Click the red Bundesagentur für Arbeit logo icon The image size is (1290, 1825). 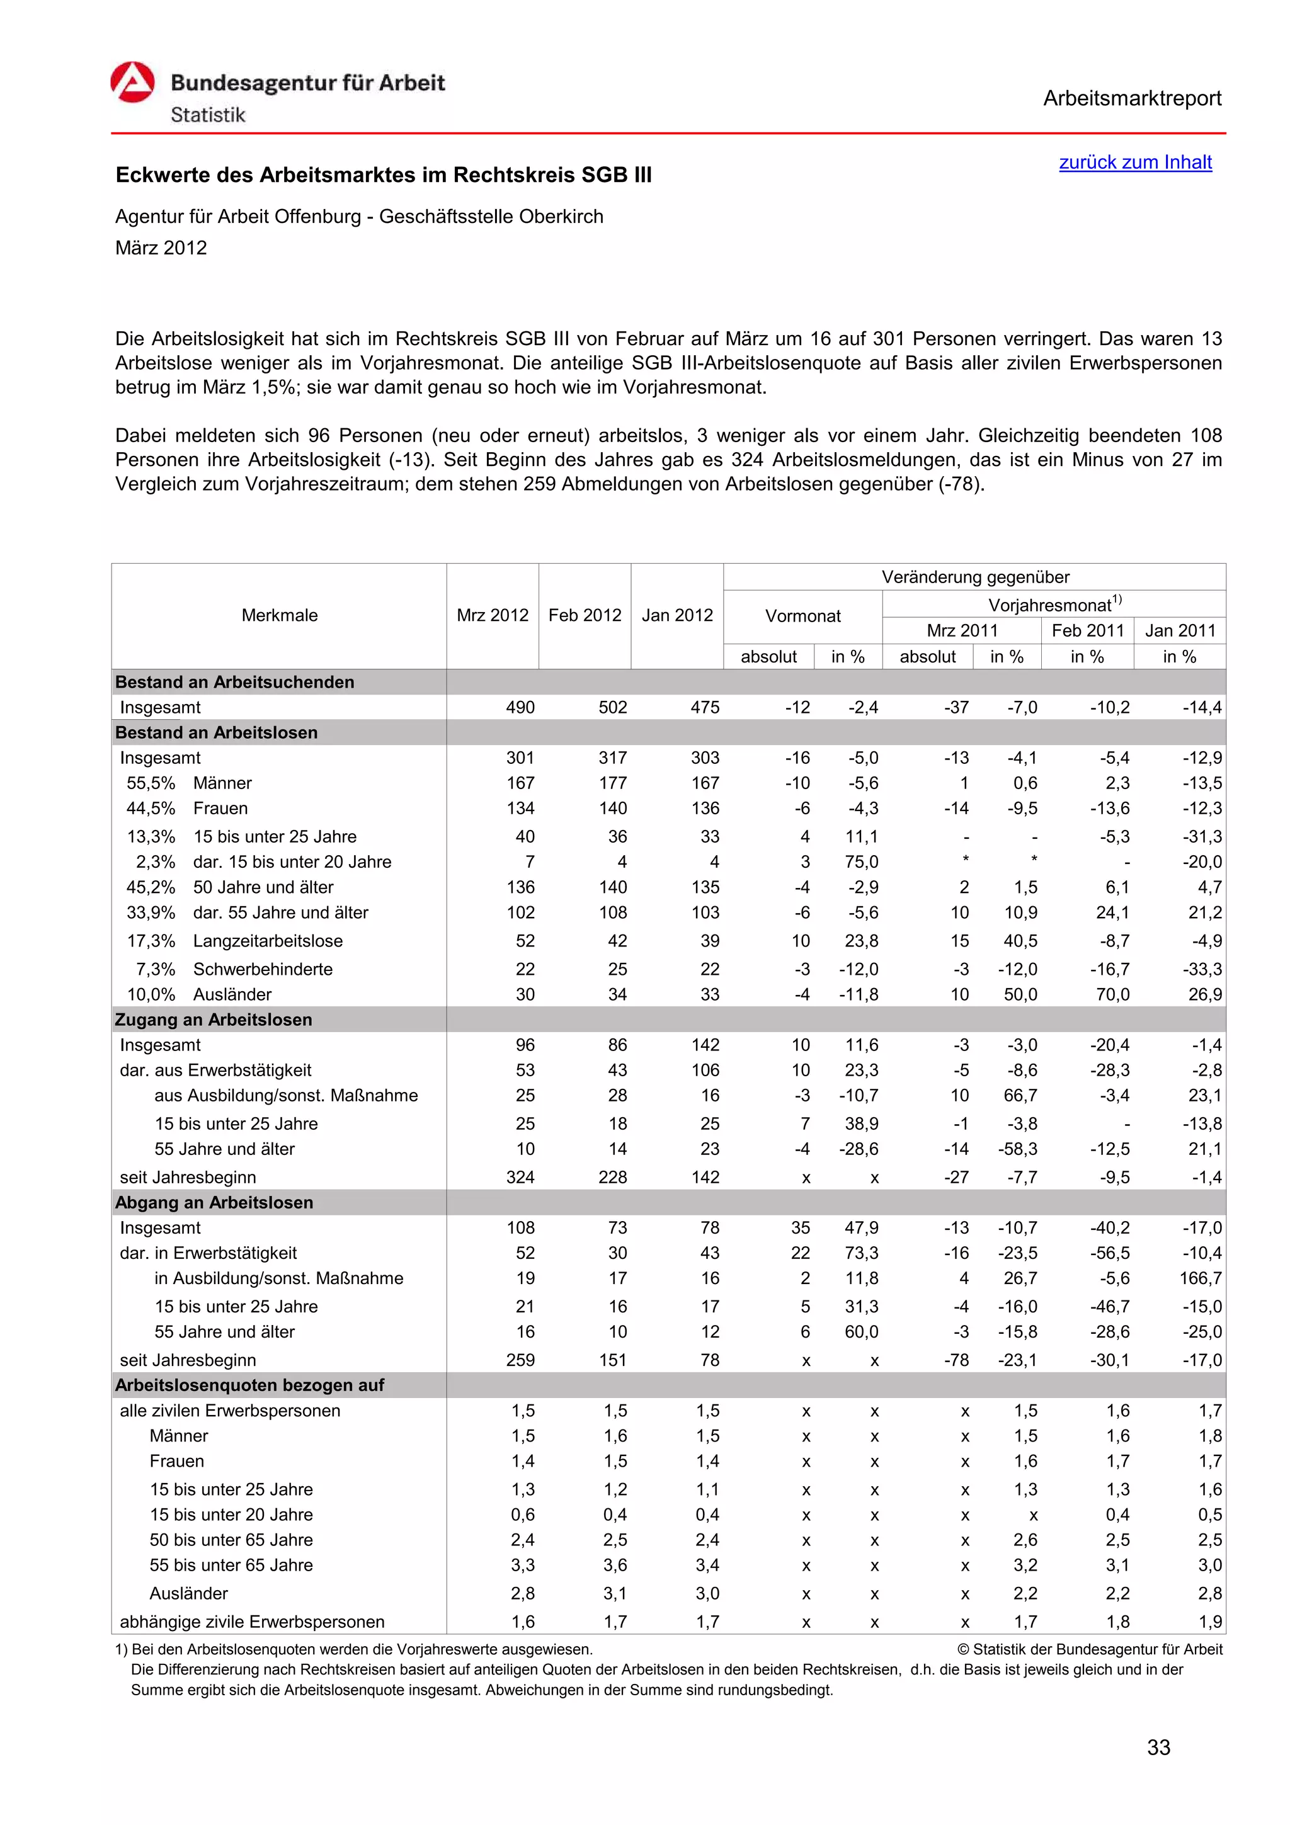(132, 82)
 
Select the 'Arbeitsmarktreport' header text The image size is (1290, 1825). (1132, 99)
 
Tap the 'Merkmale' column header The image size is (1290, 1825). (279, 615)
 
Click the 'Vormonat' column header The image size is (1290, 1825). (802, 616)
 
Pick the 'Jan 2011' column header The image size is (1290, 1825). (1180, 630)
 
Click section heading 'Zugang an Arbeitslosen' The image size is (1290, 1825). (213, 1019)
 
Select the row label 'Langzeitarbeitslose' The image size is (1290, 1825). (268, 940)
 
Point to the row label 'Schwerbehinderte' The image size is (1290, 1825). (262, 969)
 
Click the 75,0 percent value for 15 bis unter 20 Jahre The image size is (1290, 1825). (862, 861)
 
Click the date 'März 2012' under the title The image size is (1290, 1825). (161, 248)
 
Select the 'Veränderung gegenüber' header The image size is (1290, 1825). (974, 577)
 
